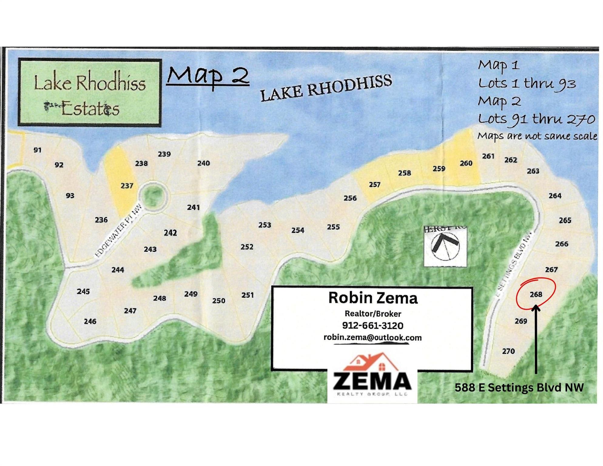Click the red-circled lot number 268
tap(536, 294)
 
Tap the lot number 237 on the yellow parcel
tap(127, 186)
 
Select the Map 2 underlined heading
tap(208, 76)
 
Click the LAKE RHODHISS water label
tap(326, 88)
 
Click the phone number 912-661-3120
tap(372, 326)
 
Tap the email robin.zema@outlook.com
tap(372, 337)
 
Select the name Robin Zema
tap(373, 298)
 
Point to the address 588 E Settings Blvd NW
tap(519, 387)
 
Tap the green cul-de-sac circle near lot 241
tap(153, 197)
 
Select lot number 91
tap(37, 150)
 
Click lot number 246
tap(90, 321)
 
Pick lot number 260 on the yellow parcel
tap(466, 163)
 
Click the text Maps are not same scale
tap(537, 136)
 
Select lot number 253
tap(264, 225)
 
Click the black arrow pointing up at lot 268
tap(536, 340)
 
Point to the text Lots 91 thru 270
tap(536, 119)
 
